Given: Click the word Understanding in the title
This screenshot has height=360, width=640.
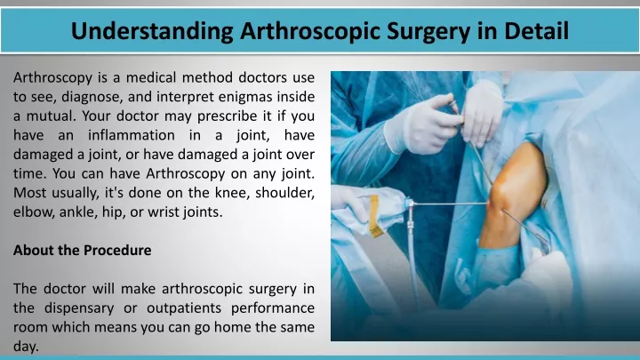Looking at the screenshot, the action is point(152,31).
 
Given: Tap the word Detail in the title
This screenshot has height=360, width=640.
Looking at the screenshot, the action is point(536,30).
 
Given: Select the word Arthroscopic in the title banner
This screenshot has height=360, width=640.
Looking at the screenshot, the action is point(310,31).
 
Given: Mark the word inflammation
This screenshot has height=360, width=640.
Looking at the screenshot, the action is point(131,135).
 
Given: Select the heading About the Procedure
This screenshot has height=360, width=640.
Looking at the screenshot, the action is point(82,250).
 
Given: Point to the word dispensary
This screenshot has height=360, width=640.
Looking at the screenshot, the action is point(79,308).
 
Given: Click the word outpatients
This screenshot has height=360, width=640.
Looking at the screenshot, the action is point(184,308).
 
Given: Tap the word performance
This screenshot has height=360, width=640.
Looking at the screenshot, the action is point(273,308).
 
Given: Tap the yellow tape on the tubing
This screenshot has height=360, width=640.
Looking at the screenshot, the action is point(375,215).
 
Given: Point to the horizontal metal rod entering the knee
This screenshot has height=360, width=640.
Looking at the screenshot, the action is point(450,204).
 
